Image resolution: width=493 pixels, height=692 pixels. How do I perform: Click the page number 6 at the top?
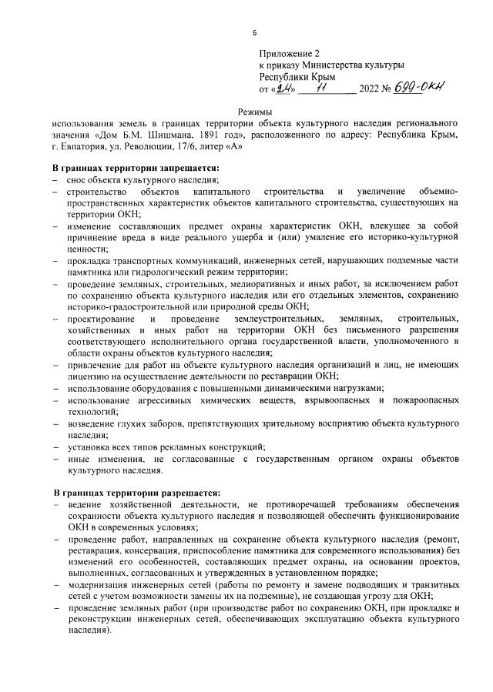254,33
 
